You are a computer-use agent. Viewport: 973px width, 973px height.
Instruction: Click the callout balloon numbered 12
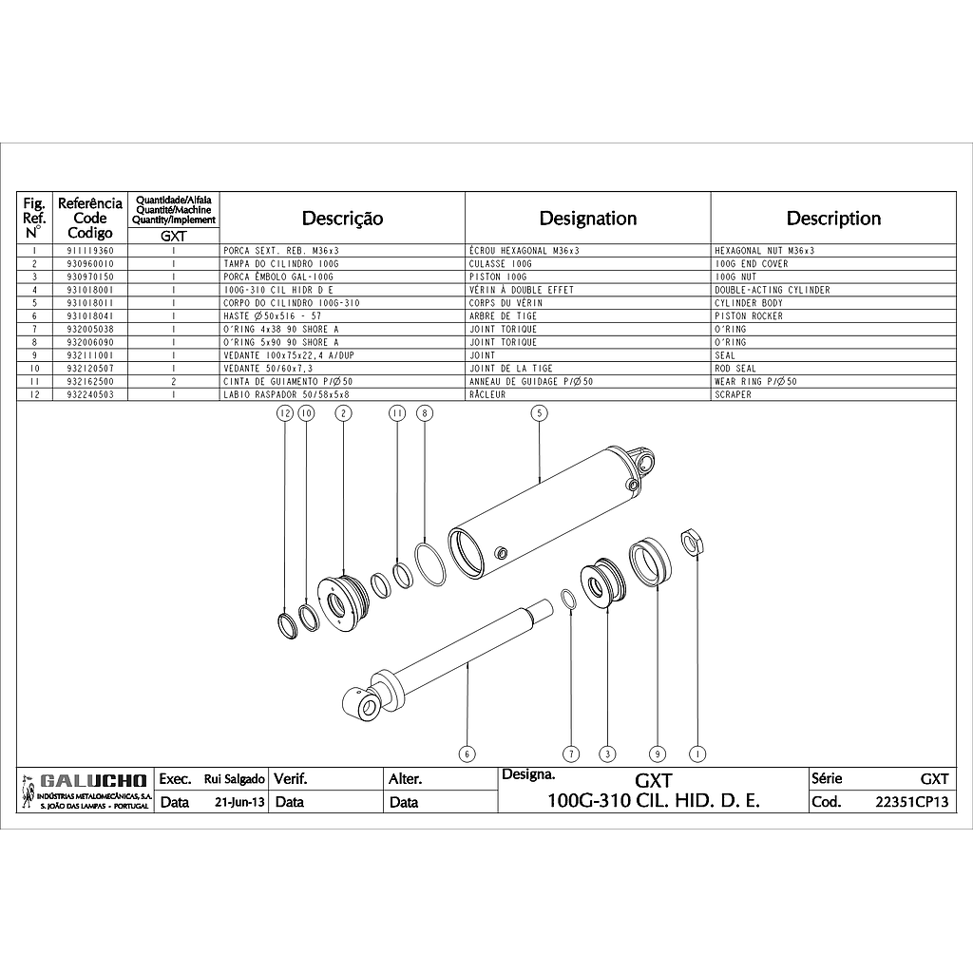tap(285, 413)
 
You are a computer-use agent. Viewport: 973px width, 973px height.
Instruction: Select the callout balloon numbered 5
tap(540, 413)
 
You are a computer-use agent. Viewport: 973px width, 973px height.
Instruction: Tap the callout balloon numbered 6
tap(467, 754)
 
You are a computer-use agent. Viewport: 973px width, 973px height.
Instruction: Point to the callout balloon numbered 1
tap(698, 754)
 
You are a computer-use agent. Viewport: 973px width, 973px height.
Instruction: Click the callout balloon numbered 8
tap(425, 413)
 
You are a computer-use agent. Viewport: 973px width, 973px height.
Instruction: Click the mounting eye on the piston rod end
tap(362, 704)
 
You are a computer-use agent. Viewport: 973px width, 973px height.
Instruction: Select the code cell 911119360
tap(90, 251)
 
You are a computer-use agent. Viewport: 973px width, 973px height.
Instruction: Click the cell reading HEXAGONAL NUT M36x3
tap(765, 251)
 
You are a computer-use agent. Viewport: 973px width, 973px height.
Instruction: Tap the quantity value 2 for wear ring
tap(174, 382)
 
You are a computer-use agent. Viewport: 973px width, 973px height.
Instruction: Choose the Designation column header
tap(587, 219)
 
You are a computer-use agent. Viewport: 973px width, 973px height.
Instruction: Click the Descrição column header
tap(342, 219)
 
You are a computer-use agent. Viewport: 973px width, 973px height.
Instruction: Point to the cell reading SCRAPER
tap(733, 394)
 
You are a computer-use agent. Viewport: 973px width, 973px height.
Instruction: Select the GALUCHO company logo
tap(85, 791)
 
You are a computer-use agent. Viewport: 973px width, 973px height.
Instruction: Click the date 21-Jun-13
tap(239, 802)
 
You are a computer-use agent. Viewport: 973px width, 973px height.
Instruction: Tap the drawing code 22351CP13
tap(911, 802)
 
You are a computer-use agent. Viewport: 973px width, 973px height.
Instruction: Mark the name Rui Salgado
tap(235, 779)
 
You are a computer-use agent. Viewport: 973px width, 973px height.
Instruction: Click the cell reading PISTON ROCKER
tap(749, 315)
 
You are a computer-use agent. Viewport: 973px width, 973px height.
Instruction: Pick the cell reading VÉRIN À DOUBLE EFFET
tap(522, 290)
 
